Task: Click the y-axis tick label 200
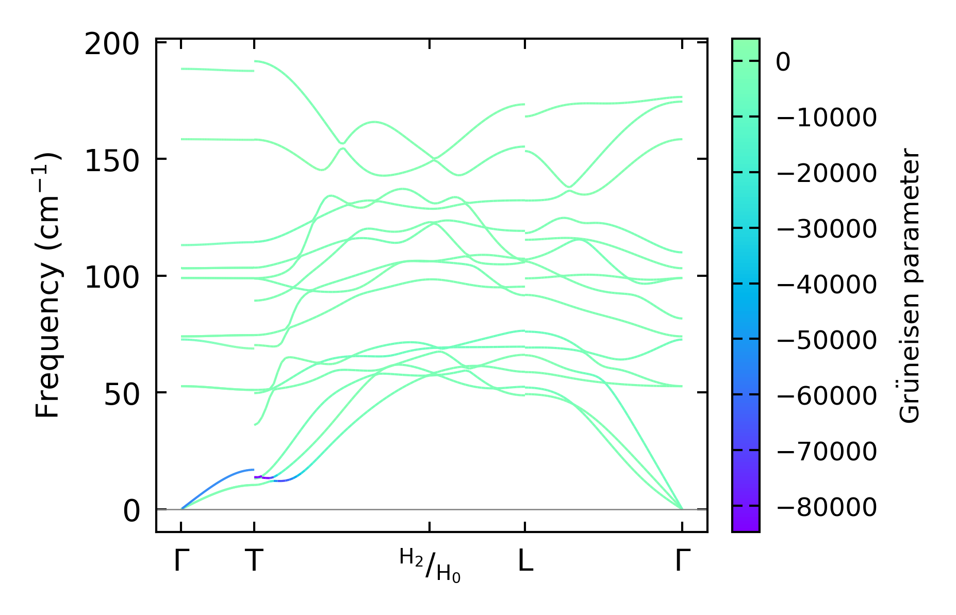(112, 45)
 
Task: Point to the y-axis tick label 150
(112, 162)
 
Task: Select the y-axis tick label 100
(112, 278)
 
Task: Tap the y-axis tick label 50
(122, 395)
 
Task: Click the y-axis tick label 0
(131, 512)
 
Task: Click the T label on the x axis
(254, 561)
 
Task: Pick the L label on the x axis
(525, 561)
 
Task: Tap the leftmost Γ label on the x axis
(181, 561)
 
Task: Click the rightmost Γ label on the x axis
(682, 561)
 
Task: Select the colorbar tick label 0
(783, 63)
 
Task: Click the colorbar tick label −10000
(826, 118)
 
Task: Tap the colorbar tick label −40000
(826, 285)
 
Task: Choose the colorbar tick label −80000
(826, 507)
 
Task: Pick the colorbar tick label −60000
(826, 396)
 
